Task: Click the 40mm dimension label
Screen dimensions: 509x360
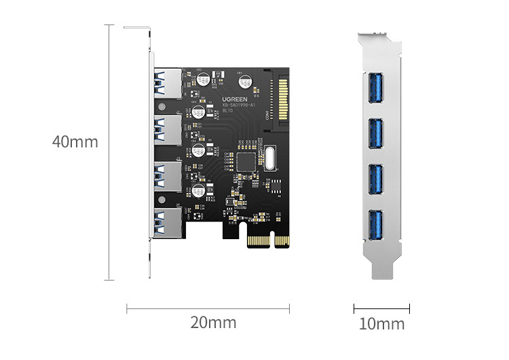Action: tap(75, 143)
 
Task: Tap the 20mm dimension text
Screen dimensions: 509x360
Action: tap(213, 322)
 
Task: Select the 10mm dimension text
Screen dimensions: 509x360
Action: tap(381, 324)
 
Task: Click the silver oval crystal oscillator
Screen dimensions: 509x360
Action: tap(272, 158)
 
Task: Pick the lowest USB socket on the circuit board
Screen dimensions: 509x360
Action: tap(167, 223)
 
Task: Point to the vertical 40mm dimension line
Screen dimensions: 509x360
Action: tap(109, 152)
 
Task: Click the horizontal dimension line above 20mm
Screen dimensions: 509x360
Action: tap(208, 308)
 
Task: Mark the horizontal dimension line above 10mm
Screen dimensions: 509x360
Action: tap(381, 308)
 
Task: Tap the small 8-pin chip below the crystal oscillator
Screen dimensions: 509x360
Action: tap(278, 183)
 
